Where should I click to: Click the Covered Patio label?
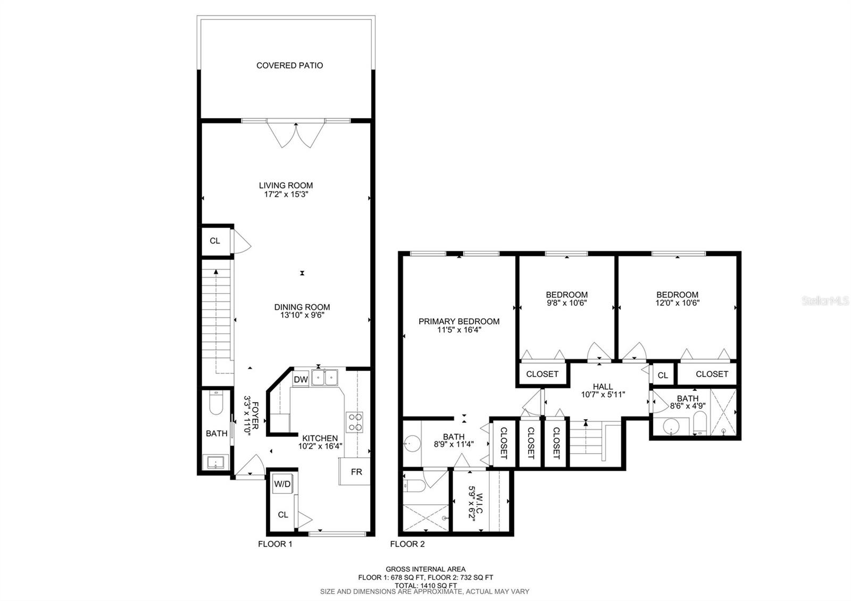pos(289,65)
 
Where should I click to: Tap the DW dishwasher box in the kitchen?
pos(301,379)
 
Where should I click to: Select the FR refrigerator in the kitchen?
pos(356,471)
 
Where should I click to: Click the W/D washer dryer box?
pos(282,484)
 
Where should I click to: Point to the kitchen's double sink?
pos(325,378)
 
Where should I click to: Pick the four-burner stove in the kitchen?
pos(355,421)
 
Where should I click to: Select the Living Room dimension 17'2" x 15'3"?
pos(286,195)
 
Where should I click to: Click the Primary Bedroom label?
pos(458,321)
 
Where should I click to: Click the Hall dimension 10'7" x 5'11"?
pos(603,395)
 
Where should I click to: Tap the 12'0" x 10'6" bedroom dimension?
pos(677,303)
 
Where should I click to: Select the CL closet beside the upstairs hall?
pos(662,375)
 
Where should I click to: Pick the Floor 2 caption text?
pos(407,544)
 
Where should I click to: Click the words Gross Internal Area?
pos(425,569)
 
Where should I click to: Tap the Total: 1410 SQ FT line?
pos(425,585)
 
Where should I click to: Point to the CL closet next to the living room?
pos(214,241)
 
